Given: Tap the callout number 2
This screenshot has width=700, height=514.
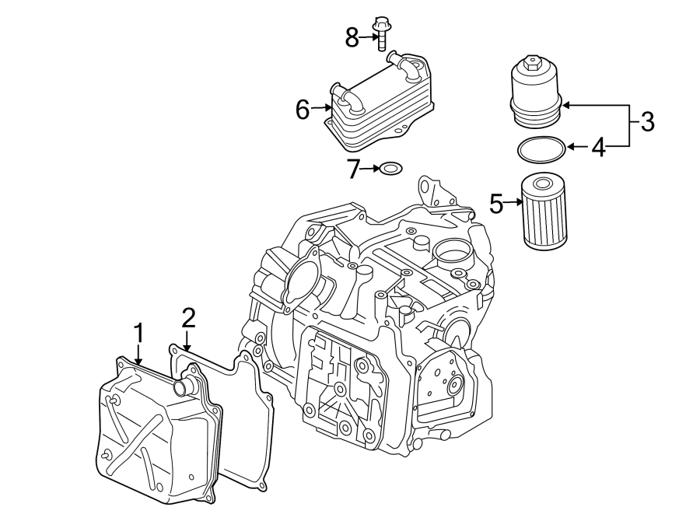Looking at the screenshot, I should coord(187,317).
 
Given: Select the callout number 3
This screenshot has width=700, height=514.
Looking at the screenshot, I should coord(646,121).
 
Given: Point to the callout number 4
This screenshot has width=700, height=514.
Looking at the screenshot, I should coord(597,147).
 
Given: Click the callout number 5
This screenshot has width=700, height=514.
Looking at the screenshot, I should coord(497,204).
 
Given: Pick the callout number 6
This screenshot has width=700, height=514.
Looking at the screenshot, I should coord(303,110).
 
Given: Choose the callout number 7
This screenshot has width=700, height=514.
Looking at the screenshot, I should coord(354,168).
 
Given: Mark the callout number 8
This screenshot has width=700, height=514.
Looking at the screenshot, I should coord(352,37).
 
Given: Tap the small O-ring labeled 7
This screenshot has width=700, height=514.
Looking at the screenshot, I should coord(389,168).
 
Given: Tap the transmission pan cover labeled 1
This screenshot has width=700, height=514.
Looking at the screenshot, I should coord(156,435).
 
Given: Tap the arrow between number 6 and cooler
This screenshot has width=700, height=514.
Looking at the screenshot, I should coord(321,110).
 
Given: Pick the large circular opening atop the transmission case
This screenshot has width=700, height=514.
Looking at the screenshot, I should coord(452,250).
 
